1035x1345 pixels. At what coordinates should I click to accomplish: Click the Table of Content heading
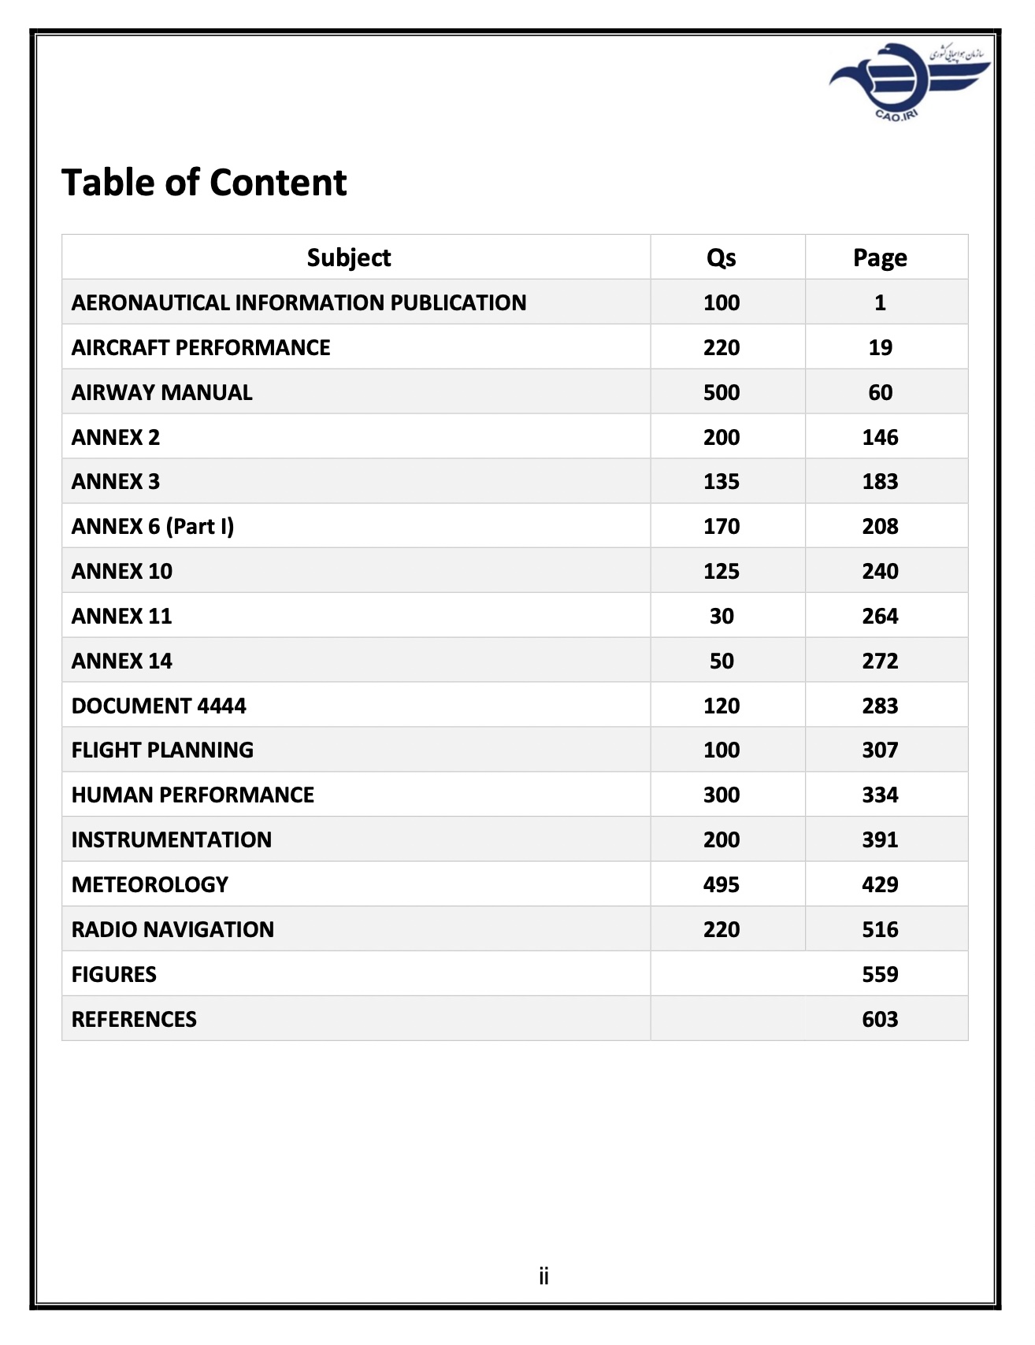pos(204,183)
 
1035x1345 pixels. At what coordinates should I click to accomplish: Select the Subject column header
pos(348,258)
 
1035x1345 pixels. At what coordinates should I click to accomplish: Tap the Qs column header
pos(721,258)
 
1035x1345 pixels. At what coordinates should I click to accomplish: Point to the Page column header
pos(879,258)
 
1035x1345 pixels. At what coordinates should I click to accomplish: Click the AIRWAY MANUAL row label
pos(161,392)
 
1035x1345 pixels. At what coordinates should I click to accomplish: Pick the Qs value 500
pos(721,392)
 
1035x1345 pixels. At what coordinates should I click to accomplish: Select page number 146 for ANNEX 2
pos(879,437)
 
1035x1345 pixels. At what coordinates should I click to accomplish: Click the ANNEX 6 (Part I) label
pos(153,526)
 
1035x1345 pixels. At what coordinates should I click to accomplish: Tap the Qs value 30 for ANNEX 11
pos(721,616)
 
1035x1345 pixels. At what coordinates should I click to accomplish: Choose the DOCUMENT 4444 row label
pos(158,706)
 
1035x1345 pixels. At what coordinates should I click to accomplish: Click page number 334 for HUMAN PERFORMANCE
pos(879,795)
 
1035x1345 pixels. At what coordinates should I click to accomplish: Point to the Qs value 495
pos(721,884)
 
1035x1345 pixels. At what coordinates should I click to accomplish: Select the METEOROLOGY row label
pos(150,884)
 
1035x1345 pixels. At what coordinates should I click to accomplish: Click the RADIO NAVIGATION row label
pos(172,929)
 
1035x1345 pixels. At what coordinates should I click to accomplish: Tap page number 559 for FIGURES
pos(879,974)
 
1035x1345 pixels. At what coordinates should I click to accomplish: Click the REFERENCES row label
pos(134,1019)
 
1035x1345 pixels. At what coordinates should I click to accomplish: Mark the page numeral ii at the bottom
pos(543,1276)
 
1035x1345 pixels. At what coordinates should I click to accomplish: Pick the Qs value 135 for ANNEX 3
pos(721,481)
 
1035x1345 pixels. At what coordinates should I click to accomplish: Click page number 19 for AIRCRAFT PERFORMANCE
pos(879,347)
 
